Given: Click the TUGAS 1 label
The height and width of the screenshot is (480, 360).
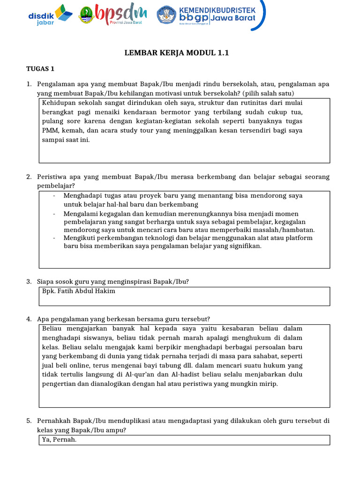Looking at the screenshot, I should click(40, 69).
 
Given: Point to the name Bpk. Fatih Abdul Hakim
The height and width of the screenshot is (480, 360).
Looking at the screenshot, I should click(78, 291).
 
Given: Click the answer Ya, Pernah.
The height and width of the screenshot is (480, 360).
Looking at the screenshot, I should click(59, 440).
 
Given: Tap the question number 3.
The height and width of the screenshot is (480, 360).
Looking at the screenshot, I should click(29, 282).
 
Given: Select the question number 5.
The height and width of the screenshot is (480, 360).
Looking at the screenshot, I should click(29, 421).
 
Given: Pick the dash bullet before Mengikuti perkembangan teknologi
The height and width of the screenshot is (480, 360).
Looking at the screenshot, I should click(55, 238).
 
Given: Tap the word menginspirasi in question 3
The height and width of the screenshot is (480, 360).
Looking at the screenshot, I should click(133, 282).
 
